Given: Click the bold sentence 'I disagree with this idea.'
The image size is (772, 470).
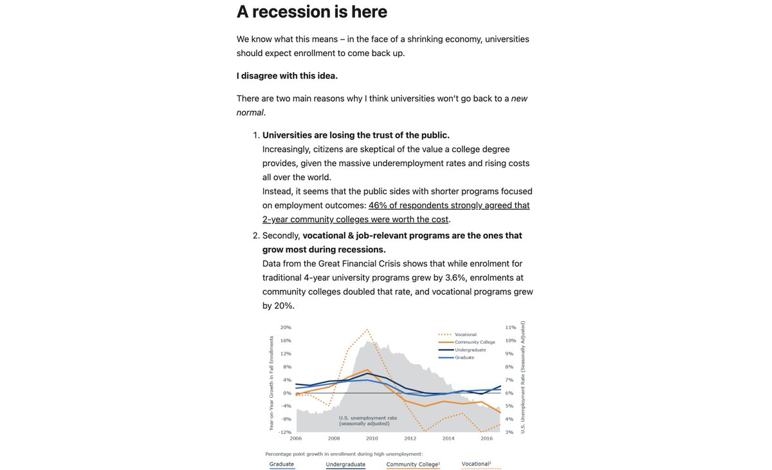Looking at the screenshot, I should [x=287, y=75].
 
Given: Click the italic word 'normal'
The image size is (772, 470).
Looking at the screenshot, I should [x=250, y=112].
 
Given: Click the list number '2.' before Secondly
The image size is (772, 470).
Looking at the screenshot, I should [x=256, y=236].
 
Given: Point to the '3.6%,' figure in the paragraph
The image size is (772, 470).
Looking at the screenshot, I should [x=457, y=277].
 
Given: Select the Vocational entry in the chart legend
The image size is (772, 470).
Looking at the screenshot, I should [x=465, y=334].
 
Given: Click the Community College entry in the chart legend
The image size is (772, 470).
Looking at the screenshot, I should [x=475, y=342].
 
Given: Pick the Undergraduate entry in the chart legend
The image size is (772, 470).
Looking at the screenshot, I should [x=470, y=350].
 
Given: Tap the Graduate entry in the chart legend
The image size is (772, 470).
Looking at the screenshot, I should [x=464, y=357].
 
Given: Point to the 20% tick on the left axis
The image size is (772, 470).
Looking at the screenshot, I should [x=286, y=327].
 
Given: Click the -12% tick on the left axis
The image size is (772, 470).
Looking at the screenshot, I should [x=285, y=432].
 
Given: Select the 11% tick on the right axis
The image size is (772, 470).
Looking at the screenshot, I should [x=511, y=327].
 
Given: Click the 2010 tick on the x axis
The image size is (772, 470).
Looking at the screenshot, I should [x=372, y=438].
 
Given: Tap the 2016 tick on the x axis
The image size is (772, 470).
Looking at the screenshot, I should [x=486, y=438].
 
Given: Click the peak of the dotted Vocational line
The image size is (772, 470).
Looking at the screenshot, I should [x=367, y=330].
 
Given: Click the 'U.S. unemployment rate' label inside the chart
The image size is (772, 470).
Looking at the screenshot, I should [x=367, y=418].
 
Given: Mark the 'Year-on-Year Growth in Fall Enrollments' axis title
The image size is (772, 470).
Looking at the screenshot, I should [x=271, y=383].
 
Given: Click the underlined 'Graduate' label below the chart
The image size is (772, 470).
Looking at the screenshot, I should [x=282, y=464].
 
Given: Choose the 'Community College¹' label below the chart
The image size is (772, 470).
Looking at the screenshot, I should [x=413, y=464].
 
